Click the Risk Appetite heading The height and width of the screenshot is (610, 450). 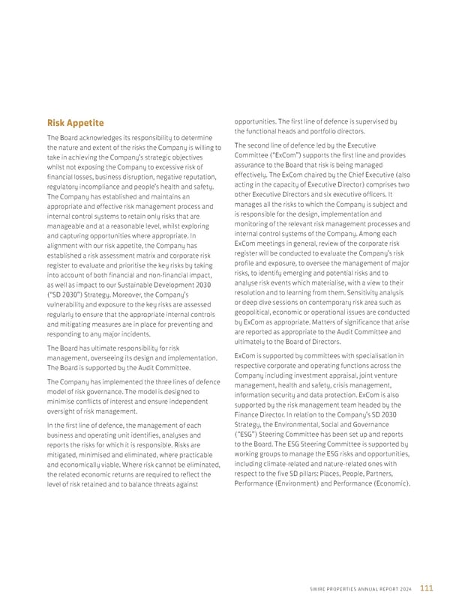click(x=75, y=123)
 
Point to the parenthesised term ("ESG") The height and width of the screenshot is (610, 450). click(x=251, y=434)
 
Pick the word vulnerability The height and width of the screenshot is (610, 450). click(x=76, y=305)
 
